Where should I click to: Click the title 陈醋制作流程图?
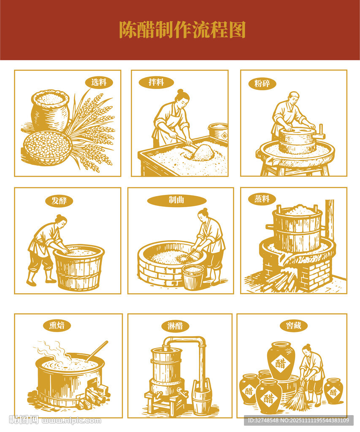[182, 30]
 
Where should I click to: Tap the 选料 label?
[99, 82]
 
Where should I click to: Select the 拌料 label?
[156, 82]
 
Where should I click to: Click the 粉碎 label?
[262, 84]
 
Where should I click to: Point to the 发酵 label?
[59, 200]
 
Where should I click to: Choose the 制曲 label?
[177, 200]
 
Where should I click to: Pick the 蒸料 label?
[262, 199]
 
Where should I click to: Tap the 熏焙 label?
[57, 325]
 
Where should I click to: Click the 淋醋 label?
[175, 326]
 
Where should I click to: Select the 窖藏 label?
[293, 325]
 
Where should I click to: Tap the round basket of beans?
[48, 147]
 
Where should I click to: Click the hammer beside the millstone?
[322, 132]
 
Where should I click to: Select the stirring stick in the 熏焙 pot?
[97, 351]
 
